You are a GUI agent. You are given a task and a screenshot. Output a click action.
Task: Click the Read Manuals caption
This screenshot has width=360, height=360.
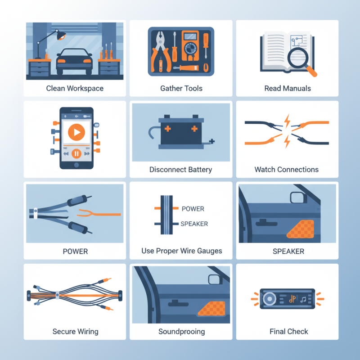pos(288,88)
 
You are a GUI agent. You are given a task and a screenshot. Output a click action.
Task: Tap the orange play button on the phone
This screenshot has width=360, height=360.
pos(76,132)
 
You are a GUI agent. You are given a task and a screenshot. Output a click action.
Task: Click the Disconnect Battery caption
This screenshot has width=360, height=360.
pos(180,170)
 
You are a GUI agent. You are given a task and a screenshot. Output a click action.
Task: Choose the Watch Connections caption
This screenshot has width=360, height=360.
pos(287,170)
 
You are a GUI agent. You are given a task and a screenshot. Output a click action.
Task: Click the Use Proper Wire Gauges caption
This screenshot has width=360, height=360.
pos(182,251)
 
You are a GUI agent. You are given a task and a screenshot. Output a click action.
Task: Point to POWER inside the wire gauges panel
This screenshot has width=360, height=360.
pos(193,209)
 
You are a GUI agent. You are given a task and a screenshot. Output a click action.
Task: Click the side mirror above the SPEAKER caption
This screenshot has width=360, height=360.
pos(297,198)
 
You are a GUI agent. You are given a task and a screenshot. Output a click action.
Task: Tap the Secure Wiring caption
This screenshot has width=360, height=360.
pos(75,332)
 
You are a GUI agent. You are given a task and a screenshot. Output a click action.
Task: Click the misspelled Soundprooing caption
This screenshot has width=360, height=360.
pos(181,332)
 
